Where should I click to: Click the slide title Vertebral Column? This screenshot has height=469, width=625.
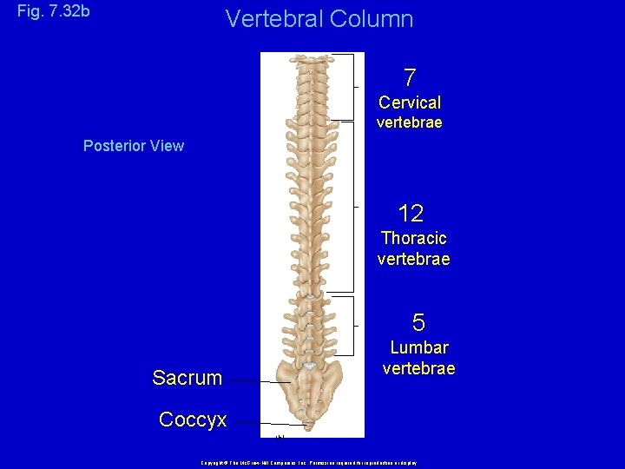pos(319,18)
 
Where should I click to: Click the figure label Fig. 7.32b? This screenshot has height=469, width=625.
pos(53,13)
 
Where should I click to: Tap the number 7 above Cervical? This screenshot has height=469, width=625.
pos(410,78)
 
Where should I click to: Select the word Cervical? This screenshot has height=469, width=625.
pos(410,102)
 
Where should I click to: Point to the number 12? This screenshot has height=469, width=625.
pos(411,214)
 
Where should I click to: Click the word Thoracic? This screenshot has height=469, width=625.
pos(414,238)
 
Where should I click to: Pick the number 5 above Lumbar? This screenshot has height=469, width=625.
pos(418,324)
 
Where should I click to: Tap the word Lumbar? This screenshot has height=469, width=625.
pos(419,348)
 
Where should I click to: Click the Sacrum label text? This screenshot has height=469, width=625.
pos(187,378)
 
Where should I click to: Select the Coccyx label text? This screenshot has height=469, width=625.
pos(193,420)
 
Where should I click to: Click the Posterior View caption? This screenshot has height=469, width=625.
pos(134,146)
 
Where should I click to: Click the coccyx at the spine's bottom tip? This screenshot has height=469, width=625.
pos(309,426)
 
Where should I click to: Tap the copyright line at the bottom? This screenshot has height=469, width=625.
pos(310,463)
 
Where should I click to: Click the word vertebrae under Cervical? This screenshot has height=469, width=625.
pos(410,123)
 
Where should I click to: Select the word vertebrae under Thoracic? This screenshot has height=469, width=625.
pos(414,259)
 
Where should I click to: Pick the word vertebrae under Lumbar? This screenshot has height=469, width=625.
pos(419,369)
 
